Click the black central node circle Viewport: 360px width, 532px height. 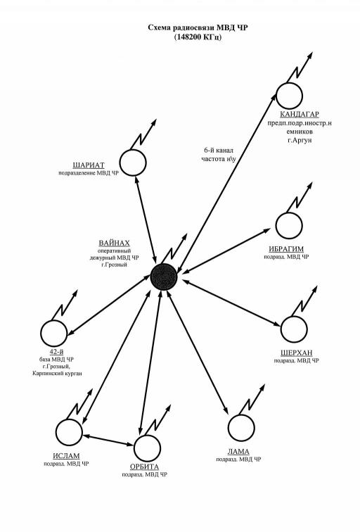click(x=164, y=277)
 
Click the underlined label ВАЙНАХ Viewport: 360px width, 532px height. click(x=114, y=243)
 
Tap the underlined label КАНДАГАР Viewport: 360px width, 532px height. click(x=300, y=114)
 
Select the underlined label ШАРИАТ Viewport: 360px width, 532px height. click(x=89, y=165)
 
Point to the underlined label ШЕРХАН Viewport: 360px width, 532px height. click(x=297, y=353)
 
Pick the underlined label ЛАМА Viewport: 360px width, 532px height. click(x=238, y=452)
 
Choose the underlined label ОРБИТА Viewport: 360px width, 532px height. click(x=144, y=467)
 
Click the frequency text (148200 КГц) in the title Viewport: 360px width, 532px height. click(x=198, y=37)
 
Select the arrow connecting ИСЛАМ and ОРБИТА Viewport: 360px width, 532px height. click(x=108, y=440)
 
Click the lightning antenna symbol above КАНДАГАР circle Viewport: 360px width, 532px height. click(x=300, y=67)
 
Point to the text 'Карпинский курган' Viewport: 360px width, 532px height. click(x=57, y=373)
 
